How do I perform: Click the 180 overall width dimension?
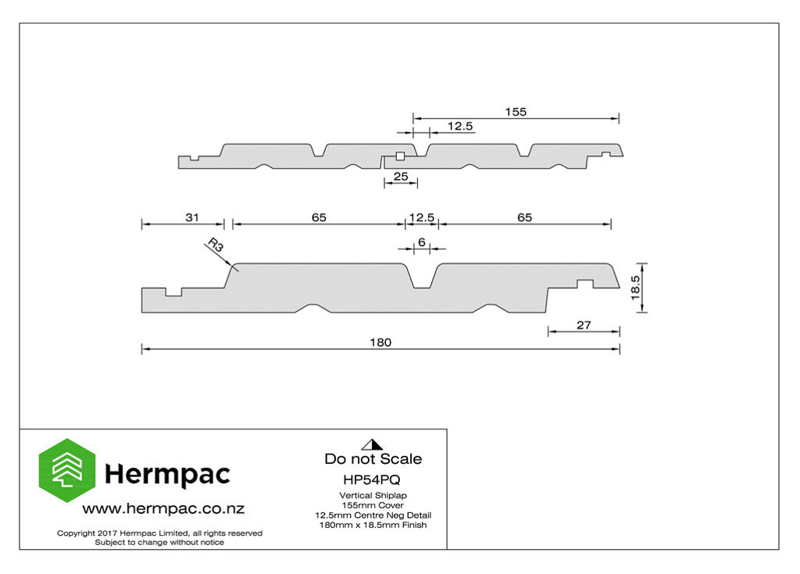pos(380,342)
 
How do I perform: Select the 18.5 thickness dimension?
pos(635,287)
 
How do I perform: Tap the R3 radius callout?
pos(216,245)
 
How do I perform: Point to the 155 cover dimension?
pos(516,112)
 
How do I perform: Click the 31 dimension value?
pos(192,217)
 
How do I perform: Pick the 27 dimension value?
pos(584,325)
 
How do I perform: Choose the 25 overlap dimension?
pos(401,176)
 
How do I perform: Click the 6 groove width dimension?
pos(421,242)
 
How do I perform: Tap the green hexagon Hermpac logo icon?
pos(67,470)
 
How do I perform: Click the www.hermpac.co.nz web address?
pos(163,508)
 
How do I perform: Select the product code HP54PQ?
pos(372,480)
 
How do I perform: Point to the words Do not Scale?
pos(373,458)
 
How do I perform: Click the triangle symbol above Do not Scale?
pos(372,445)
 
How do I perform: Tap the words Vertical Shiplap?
pos(373,495)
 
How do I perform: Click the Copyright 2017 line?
pos(159,533)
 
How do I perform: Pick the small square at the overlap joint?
pos(400,156)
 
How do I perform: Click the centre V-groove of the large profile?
pos(422,278)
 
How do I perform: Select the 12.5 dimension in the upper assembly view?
pos(460,126)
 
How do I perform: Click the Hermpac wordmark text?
pos(167,475)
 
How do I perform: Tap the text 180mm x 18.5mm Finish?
pos(373,525)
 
